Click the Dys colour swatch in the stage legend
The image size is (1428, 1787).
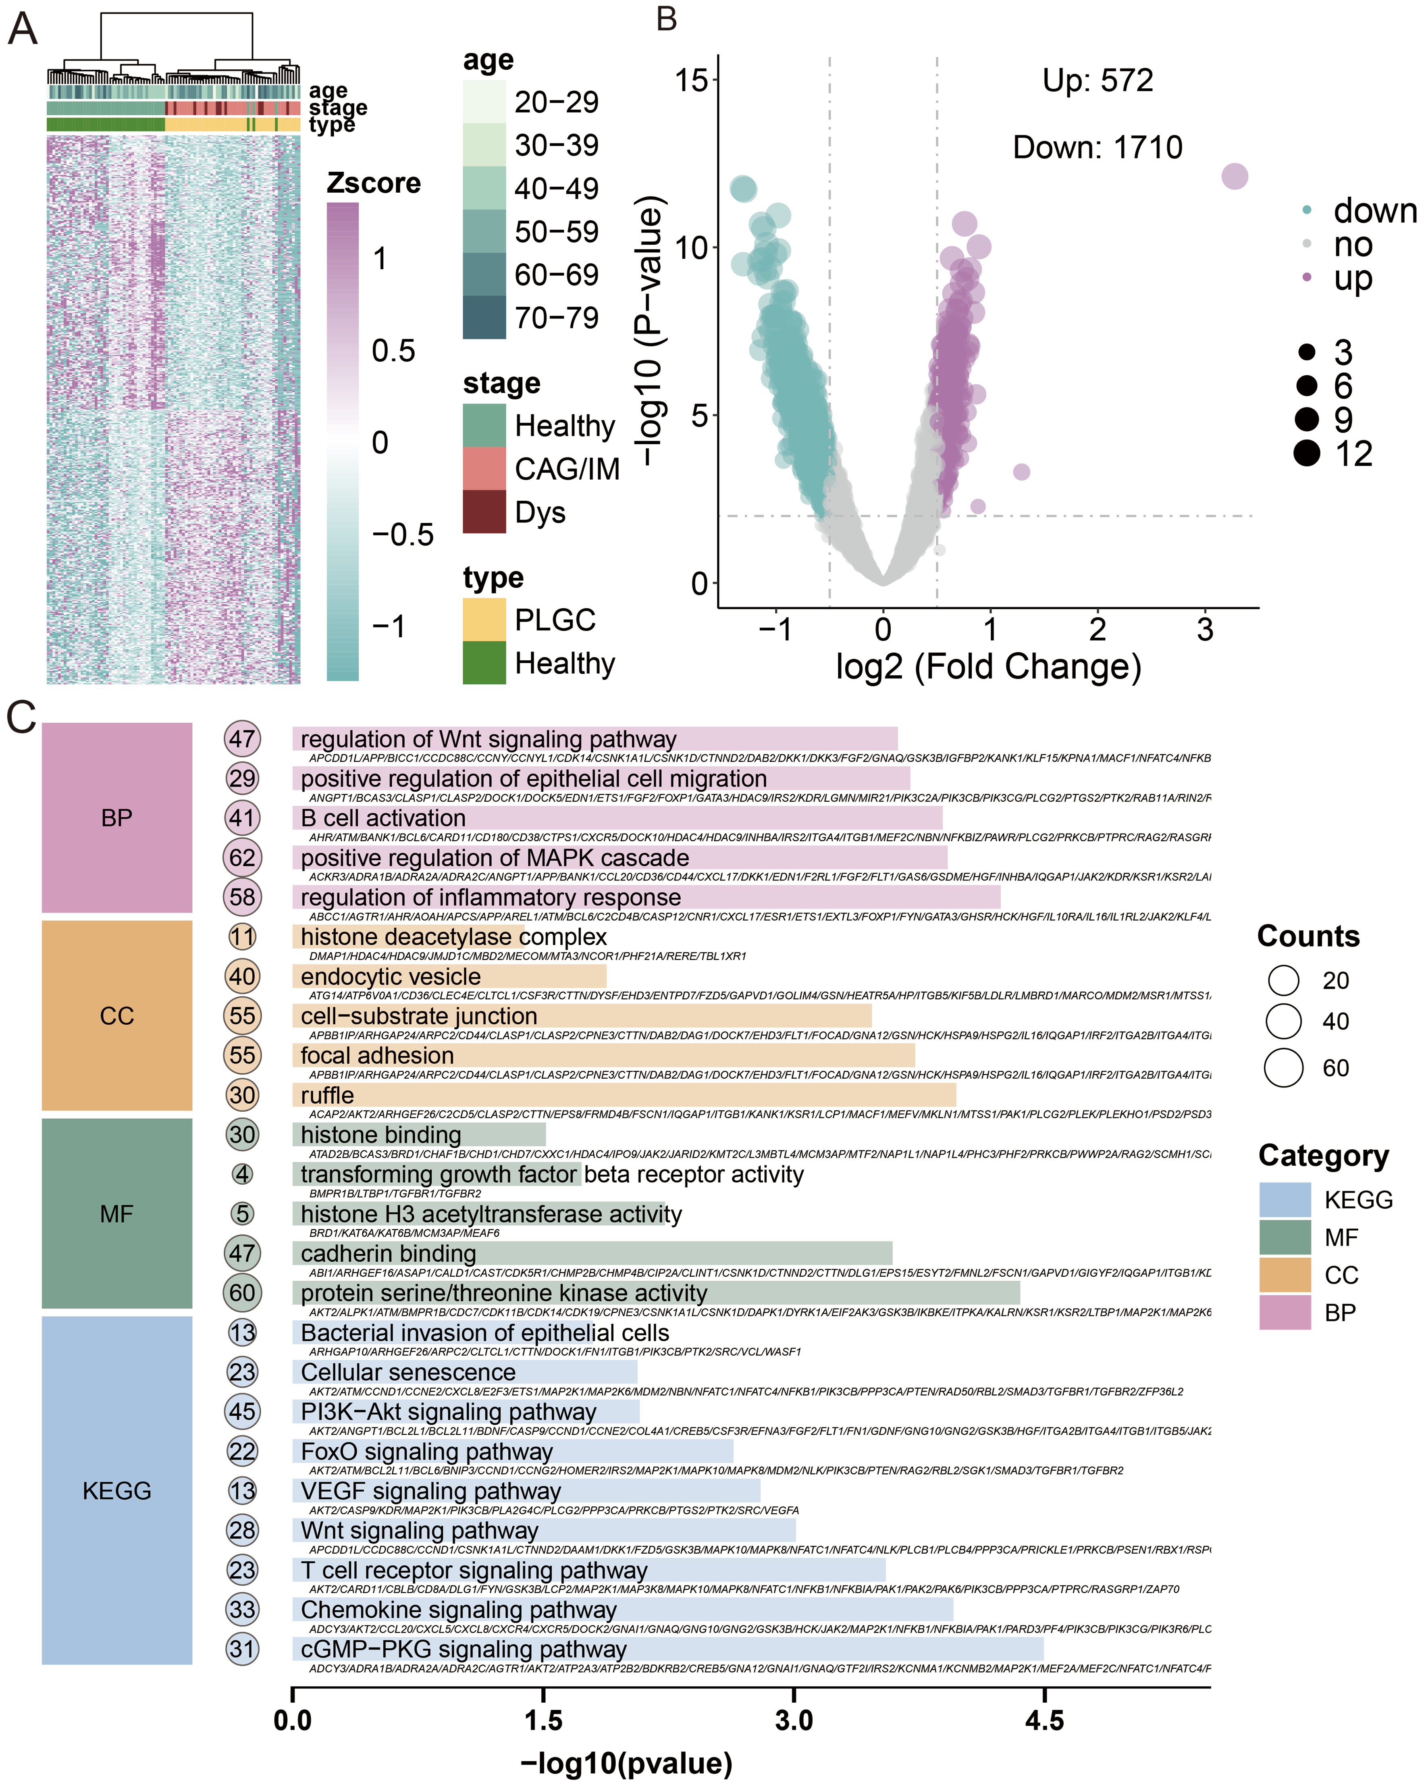(x=484, y=512)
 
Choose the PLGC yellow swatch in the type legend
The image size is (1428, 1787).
(x=484, y=619)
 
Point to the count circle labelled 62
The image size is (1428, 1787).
(x=242, y=857)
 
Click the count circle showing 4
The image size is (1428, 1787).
(x=242, y=1173)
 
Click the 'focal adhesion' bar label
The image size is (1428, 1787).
(x=377, y=1055)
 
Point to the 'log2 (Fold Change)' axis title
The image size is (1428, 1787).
(x=988, y=666)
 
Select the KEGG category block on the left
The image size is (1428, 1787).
(x=117, y=1490)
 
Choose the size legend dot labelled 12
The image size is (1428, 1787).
(x=1307, y=454)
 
